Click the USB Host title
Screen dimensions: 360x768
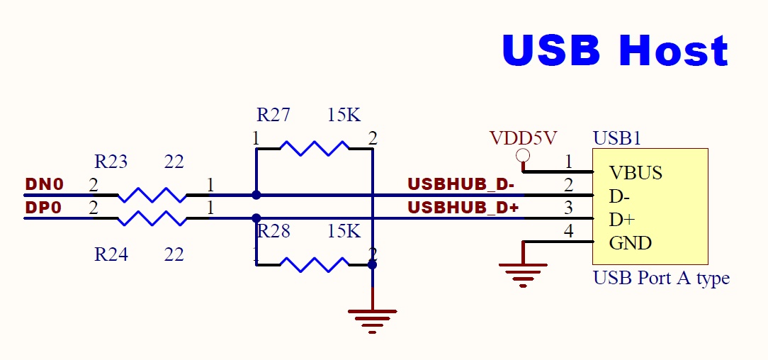pos(615,50)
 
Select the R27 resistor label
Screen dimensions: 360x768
pos(273,115)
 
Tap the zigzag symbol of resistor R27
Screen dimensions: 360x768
pos(314,148)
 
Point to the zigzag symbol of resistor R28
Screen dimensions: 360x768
pos(314,264)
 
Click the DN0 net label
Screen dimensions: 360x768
pos(44,185)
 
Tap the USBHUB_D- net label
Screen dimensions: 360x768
pos(461,185)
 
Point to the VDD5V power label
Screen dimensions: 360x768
pos(524,138)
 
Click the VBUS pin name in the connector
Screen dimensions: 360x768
pos(636,173)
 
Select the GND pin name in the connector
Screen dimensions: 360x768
pos(630,243)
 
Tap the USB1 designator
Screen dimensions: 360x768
pos(616,138)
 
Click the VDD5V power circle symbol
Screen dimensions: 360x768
pos(524,156)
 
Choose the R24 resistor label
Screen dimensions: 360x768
pos(111,254)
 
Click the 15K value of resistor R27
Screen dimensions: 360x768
pos(344,115)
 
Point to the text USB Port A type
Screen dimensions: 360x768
pos(660,278)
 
